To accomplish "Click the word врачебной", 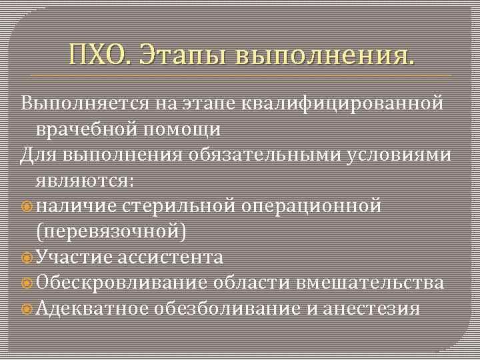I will [84, 129].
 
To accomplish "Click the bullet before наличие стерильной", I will [27, 207].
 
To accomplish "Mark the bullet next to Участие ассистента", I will [27, 258].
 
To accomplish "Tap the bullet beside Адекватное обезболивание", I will [27, 309].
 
